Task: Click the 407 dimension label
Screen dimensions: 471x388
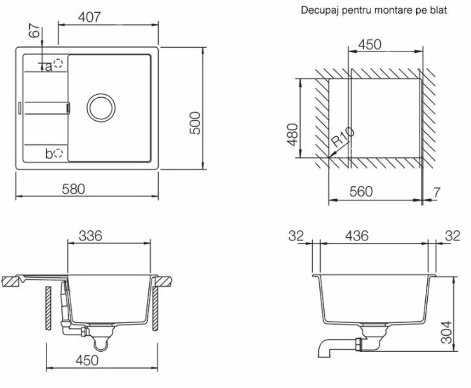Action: [x=89, y=17]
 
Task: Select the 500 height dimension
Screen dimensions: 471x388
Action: [x=195, y=123]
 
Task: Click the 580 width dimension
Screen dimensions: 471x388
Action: [x=73, y=189]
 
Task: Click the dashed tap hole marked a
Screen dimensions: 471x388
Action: [x=57, y=64]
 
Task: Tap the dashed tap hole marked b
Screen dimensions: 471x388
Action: [x=58, y=153]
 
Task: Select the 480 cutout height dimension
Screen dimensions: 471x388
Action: [x=292, y=134]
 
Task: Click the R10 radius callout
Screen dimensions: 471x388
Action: [x=343, y=137]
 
